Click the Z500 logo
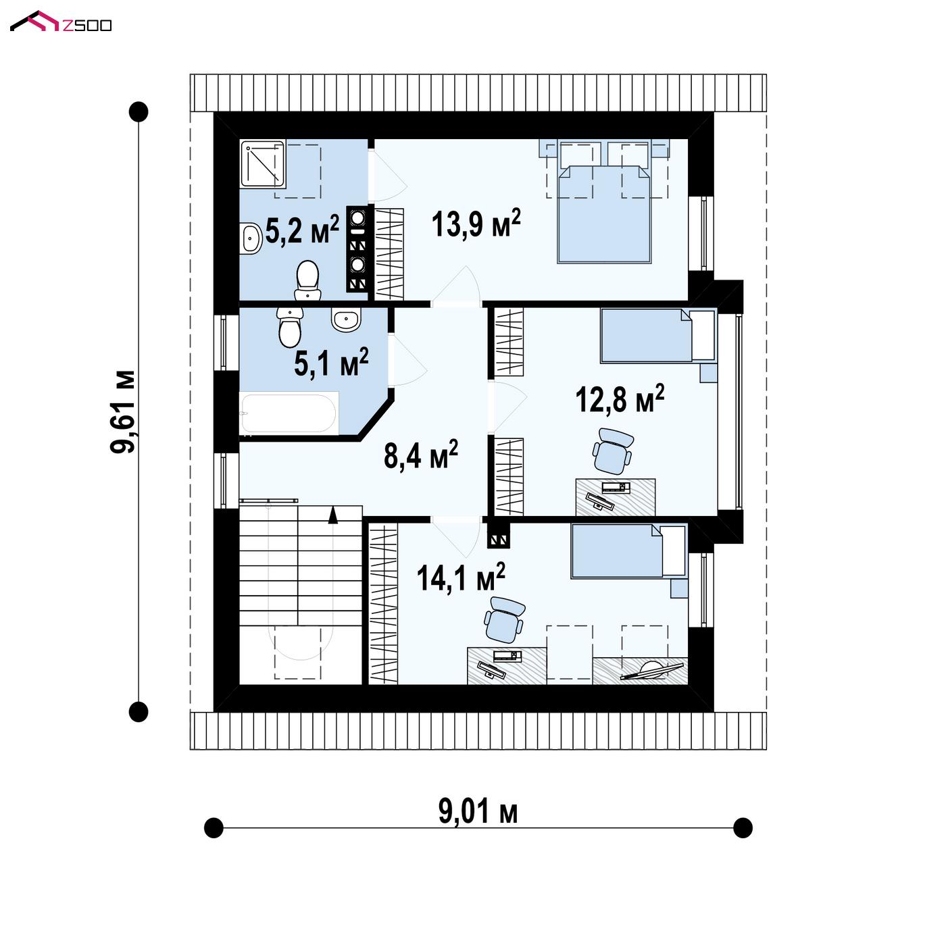(61, 22)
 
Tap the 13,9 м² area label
(475, 224)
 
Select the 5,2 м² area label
(302, 229)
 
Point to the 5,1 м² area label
(331, 362)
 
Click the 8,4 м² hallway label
(421, 454)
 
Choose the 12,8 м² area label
(620, 399)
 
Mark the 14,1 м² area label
(460, 577)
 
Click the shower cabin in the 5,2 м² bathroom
(263, 164)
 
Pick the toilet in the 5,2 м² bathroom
(308, 280)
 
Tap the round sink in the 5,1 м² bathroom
(346, 319)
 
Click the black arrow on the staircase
(333, 515)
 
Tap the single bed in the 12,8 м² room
(658, 336)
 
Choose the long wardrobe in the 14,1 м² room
(383, 604)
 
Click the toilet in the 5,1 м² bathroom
(289, 327)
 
